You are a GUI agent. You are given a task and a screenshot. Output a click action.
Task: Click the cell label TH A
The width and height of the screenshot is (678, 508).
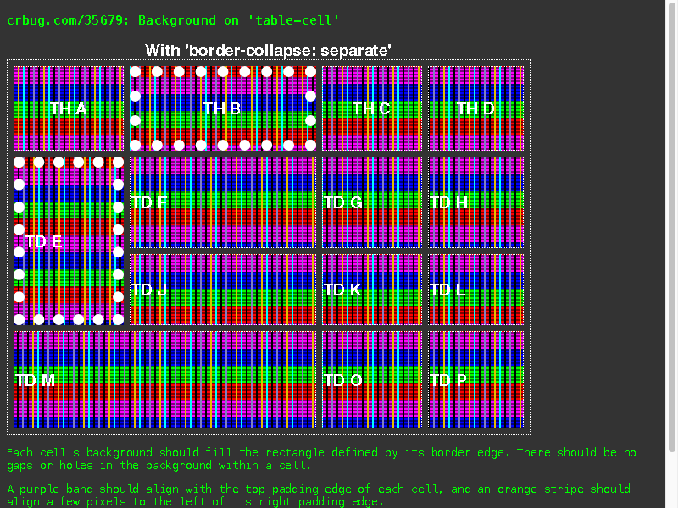69,108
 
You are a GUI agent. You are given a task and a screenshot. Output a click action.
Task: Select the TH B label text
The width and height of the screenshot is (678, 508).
222,108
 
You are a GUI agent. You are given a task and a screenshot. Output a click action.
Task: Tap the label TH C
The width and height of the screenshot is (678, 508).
371,108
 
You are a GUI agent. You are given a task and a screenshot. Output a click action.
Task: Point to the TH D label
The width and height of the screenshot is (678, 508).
475,108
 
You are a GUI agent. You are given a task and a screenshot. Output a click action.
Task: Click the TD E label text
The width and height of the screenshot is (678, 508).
44,241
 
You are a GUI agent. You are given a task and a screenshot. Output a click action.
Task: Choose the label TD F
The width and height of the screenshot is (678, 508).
149,202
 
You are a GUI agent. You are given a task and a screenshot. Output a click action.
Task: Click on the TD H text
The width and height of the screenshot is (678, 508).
449,202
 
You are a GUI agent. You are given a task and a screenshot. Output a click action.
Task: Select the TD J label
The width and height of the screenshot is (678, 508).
149,290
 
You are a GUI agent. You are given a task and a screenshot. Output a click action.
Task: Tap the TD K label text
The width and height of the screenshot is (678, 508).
342,290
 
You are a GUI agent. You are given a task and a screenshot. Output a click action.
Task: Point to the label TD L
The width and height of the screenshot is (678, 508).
447,290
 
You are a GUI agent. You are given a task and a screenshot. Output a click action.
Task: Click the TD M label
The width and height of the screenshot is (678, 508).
35,380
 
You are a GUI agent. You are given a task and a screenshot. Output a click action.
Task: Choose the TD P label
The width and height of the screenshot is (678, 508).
448,380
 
